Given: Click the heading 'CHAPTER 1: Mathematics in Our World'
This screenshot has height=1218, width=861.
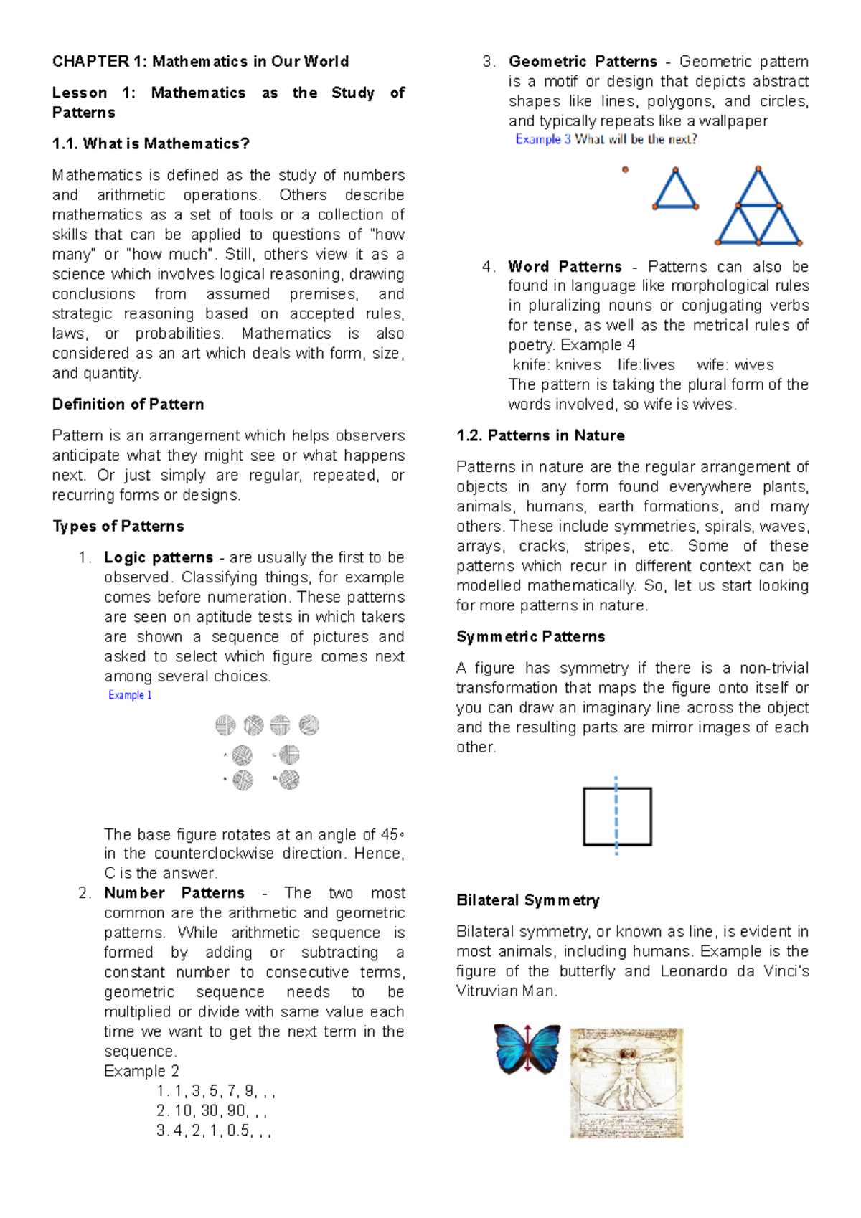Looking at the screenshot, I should pyautogui.click(x=200, y=62).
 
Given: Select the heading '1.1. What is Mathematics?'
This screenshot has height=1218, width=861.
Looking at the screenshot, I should pyautogui.click(x=151, y=144).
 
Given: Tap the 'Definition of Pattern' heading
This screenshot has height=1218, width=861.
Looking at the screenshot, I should pyautogui.click(x=128, y=405).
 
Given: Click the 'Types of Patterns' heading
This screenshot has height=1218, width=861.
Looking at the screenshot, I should pyautogui.click(x=118, y=527).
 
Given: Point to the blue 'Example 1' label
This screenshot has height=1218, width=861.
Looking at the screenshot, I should pyautogui.click(x=130, y=695).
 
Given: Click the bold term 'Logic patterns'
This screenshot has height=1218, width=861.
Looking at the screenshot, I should pyautogui.click(x=159, y=558).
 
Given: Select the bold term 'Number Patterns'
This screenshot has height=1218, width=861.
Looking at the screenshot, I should pyautogui.click(x=174, y=893).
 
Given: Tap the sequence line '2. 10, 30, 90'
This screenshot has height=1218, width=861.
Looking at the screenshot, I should pyautogui.click(x=212, y=1111).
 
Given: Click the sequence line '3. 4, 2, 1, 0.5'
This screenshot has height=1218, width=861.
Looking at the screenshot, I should pyautogui.click(x=213, y=1131).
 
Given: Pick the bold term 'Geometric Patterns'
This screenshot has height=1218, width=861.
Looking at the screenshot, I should pyautogui.click(x=583, y=62).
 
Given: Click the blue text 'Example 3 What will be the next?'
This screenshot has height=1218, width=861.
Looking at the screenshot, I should pyautogui.click(x=606, y=140).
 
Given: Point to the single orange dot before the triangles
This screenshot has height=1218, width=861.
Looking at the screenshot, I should pyautogui.click(x=625, y=170).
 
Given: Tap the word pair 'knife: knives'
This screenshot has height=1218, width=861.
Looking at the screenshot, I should pyautogui.click(x=557, y=365).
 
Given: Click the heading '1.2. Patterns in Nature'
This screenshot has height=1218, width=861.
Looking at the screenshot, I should pyautogui.click(x=540, y=436).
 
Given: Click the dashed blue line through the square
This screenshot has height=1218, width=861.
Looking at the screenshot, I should pyautogui.click(x=616, y=816).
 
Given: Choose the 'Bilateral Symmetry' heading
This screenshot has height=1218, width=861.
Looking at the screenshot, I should pyautogui.click(x=527, y=901).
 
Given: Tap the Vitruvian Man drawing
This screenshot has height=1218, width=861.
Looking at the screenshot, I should pyautogui.click(x=626, y=1083).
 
